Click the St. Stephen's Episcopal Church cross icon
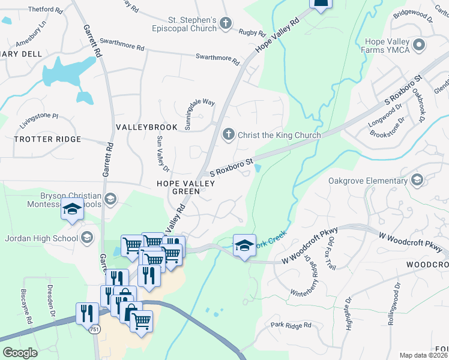pos(226,23)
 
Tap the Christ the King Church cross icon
pos(228,134)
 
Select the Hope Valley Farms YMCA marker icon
pos(419,45)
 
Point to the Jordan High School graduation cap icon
pos(87,238)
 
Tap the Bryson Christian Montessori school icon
pos(110,199)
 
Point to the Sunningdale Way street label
pos(200,109)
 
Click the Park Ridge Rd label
pos(291,325)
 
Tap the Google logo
pos(20,353)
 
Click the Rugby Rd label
pos(252,32)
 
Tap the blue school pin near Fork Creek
pos(244,245)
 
